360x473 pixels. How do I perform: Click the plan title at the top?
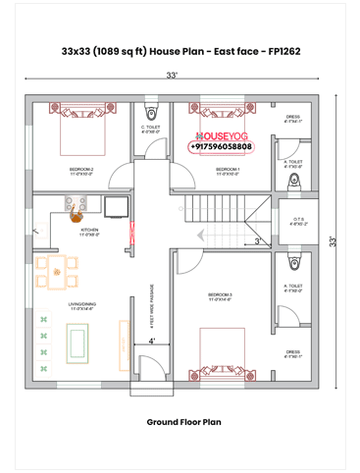click(180, 48)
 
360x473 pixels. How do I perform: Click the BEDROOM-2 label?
click(80, 171)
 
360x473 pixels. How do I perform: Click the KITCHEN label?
click(89, 233)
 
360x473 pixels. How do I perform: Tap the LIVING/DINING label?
click(82, 307)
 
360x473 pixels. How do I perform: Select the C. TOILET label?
click(150, 129)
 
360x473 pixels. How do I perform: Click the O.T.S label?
click(299, 222)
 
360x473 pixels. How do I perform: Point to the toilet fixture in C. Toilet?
click(150, 108)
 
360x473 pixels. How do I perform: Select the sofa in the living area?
click(77, 341)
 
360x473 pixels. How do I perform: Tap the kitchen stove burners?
click(74, 204)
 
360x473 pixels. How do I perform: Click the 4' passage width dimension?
click(152, 341)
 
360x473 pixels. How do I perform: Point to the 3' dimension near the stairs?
click(257, 240)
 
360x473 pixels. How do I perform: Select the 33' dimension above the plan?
click(172, 76)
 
